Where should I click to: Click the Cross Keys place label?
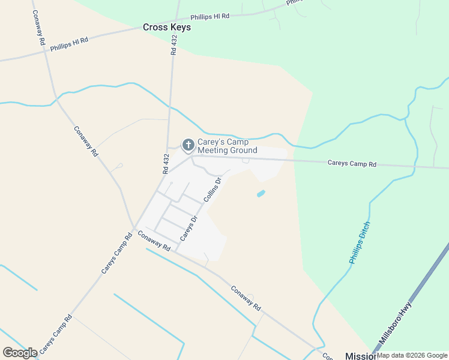(167, 27)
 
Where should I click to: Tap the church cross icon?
(188, 145)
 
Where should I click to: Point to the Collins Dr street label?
(212, 189)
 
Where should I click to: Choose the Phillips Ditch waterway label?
(360, 243)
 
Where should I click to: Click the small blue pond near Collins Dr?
(261, 194)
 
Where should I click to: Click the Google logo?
(20, 352)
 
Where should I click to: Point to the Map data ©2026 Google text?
(412, 355)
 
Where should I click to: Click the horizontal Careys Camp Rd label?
(352, 163)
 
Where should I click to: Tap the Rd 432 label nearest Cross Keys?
(174, 45)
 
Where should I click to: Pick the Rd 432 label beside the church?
(166, 164)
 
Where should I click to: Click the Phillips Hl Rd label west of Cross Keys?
(69, 44)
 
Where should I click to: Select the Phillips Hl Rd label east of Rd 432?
(210, 17)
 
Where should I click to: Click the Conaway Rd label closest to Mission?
(246, 298)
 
